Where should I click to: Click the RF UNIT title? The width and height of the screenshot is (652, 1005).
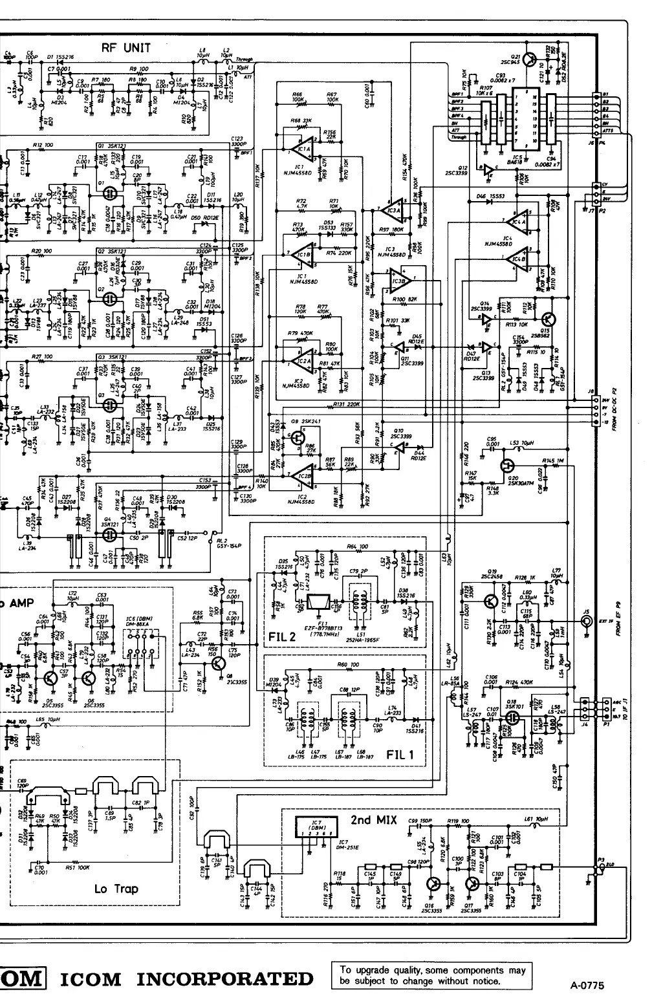coord(127,47)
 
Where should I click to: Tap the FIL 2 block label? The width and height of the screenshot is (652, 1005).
coord(281,637)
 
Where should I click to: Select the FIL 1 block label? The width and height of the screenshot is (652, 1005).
coord(399,754)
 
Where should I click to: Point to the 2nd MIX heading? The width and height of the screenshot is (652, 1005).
coord(374,819)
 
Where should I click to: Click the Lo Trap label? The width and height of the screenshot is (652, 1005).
coord(116,889)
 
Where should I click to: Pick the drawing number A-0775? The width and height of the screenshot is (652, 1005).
coord(587,986)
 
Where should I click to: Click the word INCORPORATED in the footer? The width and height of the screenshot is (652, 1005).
coord(224,978)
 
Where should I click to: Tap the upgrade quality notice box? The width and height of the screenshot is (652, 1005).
coord(431,975)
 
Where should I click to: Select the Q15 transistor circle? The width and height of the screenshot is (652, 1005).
coord(549,319)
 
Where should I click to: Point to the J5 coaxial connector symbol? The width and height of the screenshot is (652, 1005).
coord(588,622)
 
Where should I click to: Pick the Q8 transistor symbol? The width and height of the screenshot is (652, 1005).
coord(221,664)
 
